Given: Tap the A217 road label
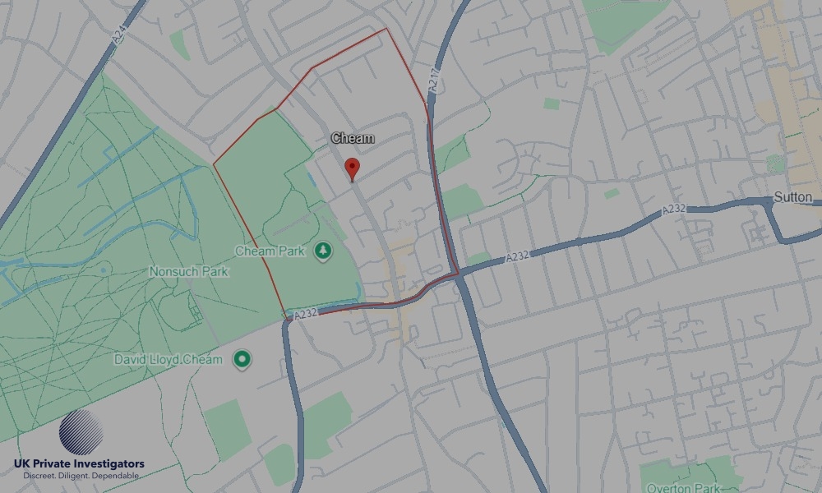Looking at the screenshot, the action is [435, 81].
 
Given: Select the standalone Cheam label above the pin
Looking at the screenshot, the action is [353, 138].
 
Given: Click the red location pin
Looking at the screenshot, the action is [353, 168].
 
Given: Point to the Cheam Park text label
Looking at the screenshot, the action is [270, 250].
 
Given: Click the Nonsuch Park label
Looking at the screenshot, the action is [189, 271].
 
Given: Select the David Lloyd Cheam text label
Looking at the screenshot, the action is [169, 360].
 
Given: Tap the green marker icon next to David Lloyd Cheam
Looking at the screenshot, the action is [241, 359].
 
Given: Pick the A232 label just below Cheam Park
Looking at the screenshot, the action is [305, 313].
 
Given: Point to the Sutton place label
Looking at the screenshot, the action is [793, 197].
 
